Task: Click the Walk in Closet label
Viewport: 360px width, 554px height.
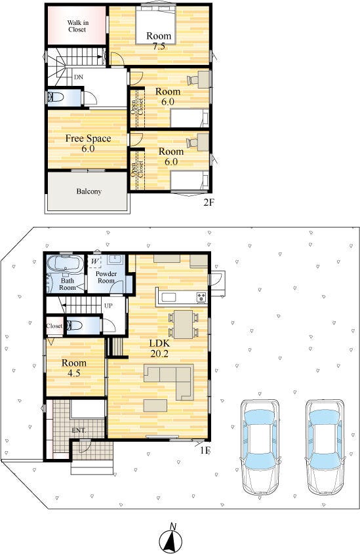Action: pos(77,26)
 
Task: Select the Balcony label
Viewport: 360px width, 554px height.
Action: pos(89,191)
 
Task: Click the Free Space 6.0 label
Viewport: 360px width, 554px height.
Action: pos(88,143)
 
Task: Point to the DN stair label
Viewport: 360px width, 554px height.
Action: pos(79,77)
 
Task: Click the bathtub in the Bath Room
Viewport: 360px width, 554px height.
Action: pos(66,263)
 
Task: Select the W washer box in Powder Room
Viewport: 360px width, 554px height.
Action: pos(94,262)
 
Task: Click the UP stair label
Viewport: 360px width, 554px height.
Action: pos(108,306)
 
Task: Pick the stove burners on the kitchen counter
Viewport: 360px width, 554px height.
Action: pos(202,297)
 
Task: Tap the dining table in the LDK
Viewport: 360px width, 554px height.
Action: pos(184,324)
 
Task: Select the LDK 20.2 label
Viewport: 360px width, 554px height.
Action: pos(159,348)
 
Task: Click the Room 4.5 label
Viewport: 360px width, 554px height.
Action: pos(74,368)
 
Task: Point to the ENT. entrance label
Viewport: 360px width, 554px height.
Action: pos(79,430)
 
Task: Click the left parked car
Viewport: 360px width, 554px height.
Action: pos(260,447)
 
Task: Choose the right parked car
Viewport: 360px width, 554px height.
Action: pos(325,447)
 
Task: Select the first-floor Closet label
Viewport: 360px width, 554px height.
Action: pos(54,326)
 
